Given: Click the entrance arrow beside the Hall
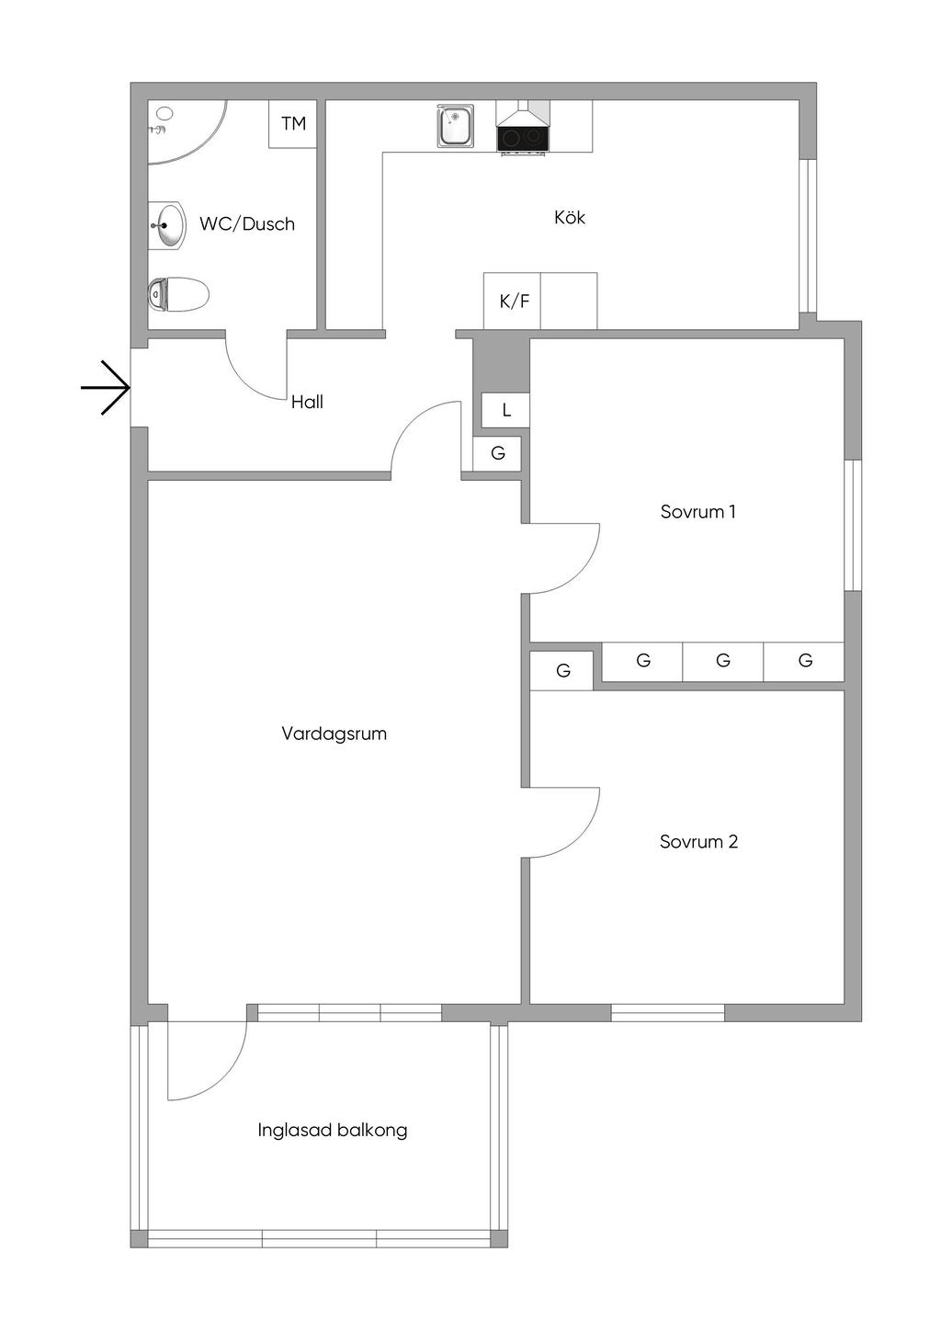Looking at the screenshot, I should [105, 388].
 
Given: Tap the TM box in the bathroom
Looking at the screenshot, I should [293, 124].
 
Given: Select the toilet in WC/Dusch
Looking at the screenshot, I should [178, 295].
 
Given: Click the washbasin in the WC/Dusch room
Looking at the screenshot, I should [169, 224].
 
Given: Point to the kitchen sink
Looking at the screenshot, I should [455, 127].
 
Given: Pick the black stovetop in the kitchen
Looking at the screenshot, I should [523, 138].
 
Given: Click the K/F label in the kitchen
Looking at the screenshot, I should [514, 301].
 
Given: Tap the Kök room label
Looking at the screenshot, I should [570, 218].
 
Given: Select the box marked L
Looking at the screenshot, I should [505, 410].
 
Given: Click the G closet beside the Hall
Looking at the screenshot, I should [497, 453].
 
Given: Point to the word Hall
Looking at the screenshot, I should [307, 402].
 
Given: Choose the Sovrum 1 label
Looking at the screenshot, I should [697, 512].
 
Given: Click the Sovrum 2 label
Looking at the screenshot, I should [698, 842].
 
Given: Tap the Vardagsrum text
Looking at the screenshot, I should [334, 734].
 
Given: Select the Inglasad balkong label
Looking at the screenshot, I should [333, 1130].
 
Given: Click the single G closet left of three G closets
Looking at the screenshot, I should [562, 671].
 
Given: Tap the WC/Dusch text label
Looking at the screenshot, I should [247, 223].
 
